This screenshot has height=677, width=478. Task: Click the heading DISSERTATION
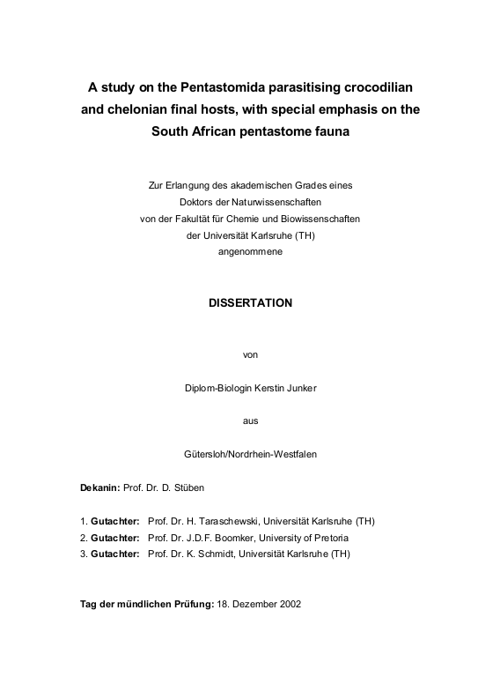250,301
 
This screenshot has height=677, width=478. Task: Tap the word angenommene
251,251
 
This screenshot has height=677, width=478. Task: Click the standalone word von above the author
250,354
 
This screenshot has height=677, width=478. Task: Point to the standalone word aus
250,420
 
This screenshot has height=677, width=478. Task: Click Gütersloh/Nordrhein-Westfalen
250,454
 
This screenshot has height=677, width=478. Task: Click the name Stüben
193,487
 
